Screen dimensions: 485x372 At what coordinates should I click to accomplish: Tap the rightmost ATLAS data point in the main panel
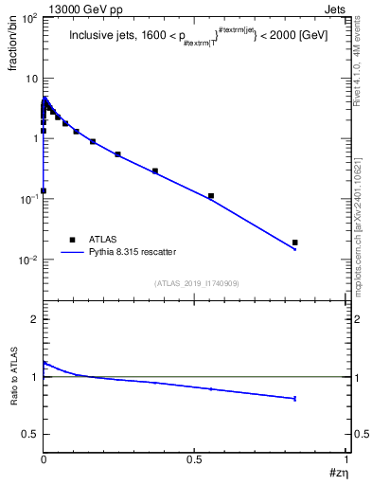coord(295,242)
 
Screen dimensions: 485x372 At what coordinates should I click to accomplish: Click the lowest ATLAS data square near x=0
coord(44,190)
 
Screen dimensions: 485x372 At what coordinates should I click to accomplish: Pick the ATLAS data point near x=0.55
coord(211,196)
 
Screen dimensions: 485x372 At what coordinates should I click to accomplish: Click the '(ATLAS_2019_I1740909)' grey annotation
coord(196,283)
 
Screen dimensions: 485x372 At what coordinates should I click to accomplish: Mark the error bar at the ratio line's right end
coord(295,399)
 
